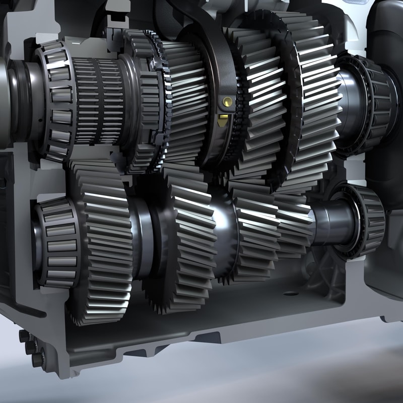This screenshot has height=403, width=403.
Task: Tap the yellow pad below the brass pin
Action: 223,121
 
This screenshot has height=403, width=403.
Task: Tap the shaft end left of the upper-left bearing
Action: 20,101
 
